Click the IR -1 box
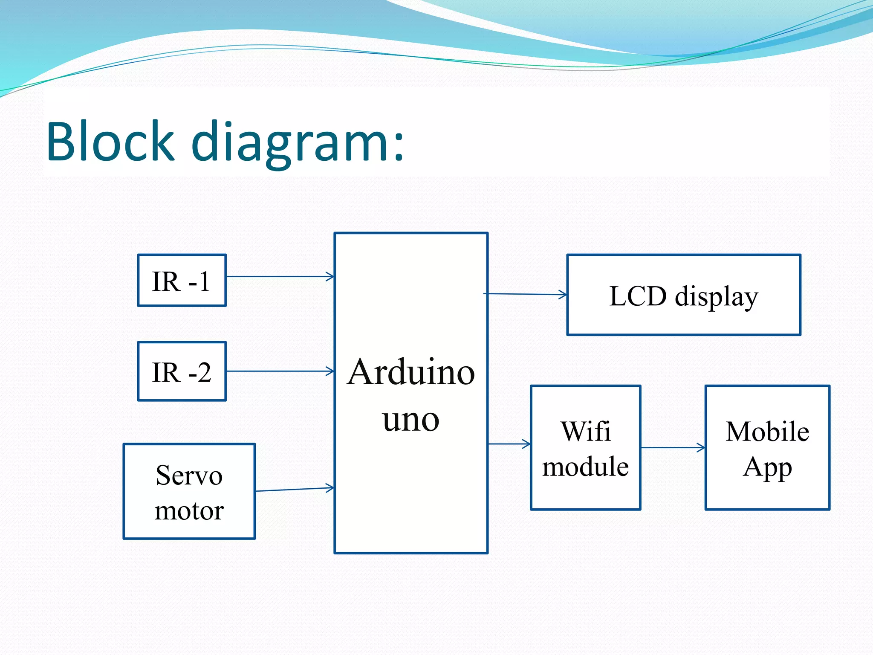click(182, 281)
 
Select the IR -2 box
click(182, 371)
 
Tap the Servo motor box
click(189, 491)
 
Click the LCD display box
click(683, 295)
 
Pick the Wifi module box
click(585, 448)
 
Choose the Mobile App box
click(767, 448)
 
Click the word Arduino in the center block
click(410, 372)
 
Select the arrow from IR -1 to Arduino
click(280, 277)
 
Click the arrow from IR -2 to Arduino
click(280, 371)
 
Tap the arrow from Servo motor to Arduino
click(294, 489)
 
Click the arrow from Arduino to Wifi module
click(509, 444)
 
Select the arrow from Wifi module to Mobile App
click(673, 448)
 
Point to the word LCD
click(638, 296)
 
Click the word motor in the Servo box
click(189, 510)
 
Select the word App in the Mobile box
click(767, 468)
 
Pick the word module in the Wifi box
click(585, 466)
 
